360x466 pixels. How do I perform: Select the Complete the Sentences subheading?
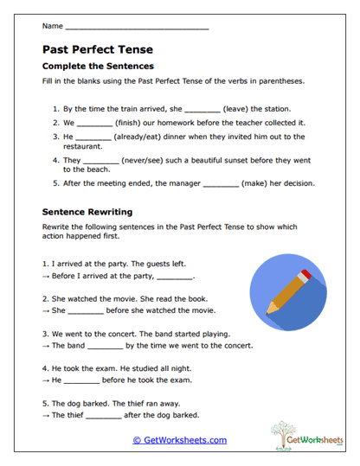(98, 66)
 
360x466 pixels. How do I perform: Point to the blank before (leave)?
(202, 111)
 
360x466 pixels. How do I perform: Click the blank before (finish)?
(94, 124)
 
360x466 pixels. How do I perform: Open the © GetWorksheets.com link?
(180, 440)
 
